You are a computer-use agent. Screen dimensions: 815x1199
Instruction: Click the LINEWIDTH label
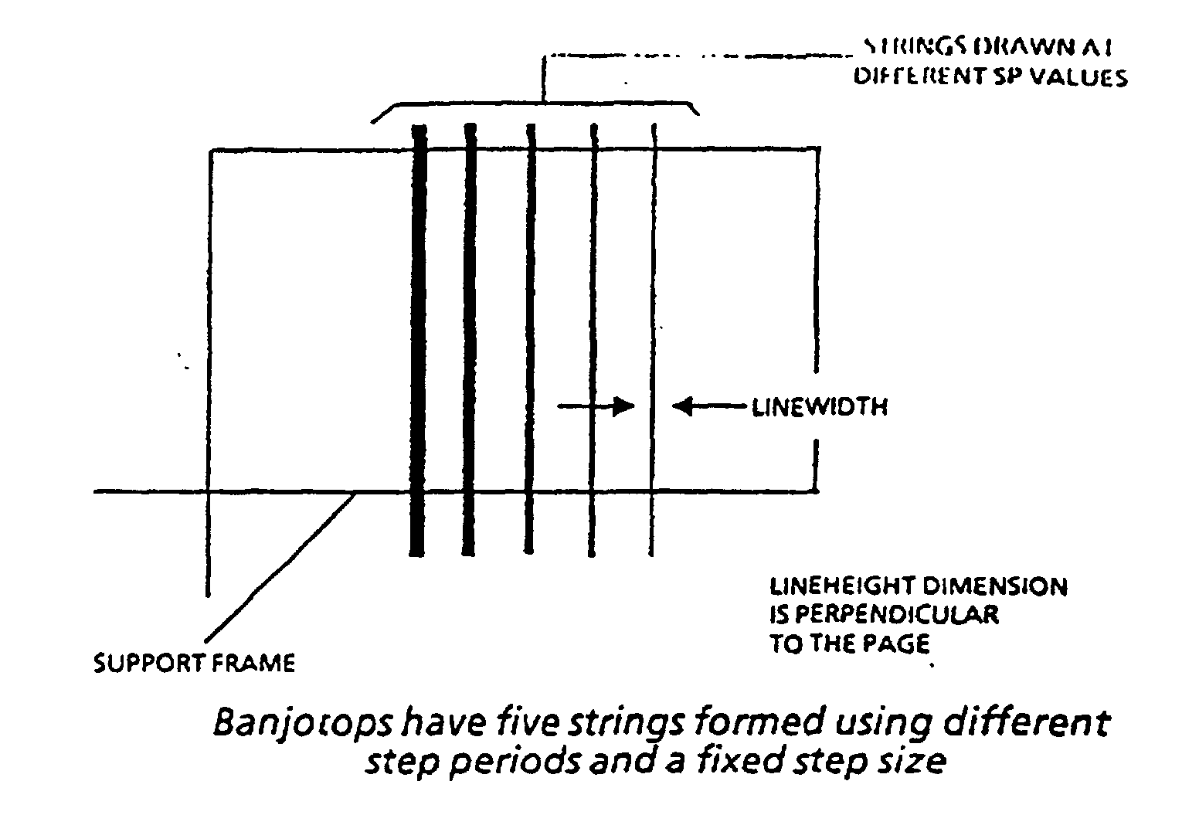(x=820, y=407)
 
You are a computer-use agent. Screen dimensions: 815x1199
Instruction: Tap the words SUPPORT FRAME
(x=194, y=663)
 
